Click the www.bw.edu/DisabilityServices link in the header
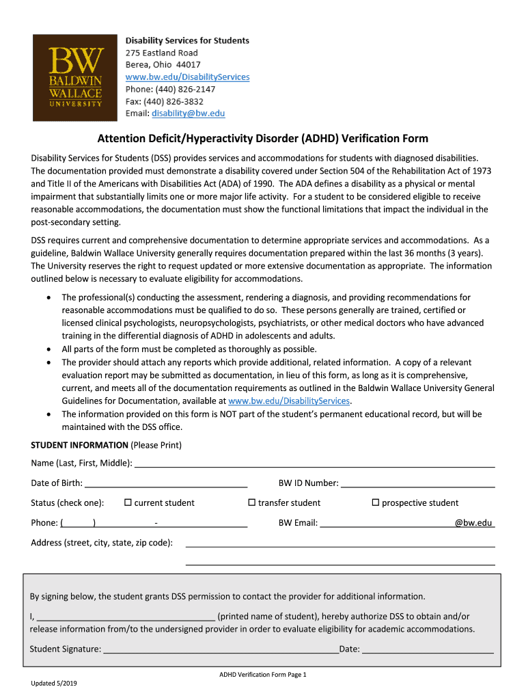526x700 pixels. pos(187,77)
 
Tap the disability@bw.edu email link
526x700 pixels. pos(188,113)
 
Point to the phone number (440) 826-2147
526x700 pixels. pos(179,89)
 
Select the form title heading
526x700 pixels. pos(262,139)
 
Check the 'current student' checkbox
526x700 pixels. pos(128,502)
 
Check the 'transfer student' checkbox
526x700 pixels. pos(251,502)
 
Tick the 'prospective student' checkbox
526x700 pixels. pos(375,502)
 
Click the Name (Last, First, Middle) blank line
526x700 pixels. pos(314,463)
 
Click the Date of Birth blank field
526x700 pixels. pos(165,483)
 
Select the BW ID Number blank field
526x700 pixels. pos(417,483)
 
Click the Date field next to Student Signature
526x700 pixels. pos(428,649)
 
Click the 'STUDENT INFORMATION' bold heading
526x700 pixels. pos(79,445)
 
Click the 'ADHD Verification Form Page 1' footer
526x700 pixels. pos(263,675)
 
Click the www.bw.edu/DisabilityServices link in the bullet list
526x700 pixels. pos(289,401)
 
